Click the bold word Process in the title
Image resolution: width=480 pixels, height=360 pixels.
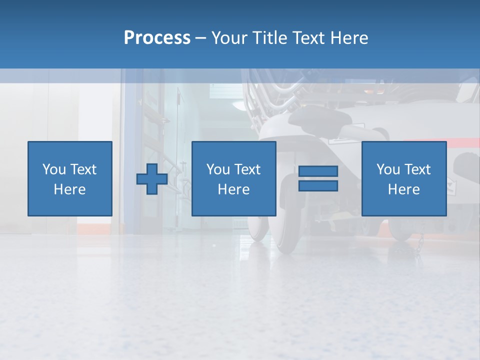[157, 38]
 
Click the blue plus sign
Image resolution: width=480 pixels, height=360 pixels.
[152, 179]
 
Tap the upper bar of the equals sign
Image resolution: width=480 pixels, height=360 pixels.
[318, 171]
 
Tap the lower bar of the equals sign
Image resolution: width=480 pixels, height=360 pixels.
[318, 186]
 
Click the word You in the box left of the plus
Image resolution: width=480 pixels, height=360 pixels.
[53, 169]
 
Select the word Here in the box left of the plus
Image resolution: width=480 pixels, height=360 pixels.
[69, 189]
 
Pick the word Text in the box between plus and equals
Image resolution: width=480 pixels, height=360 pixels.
[247, 169]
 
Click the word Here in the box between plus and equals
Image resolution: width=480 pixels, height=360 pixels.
[233, 189]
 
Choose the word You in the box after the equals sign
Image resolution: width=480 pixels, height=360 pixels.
[388, 169]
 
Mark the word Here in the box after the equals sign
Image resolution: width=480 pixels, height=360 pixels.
[403, 189]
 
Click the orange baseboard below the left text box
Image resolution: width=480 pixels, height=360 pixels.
[92, 228]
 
